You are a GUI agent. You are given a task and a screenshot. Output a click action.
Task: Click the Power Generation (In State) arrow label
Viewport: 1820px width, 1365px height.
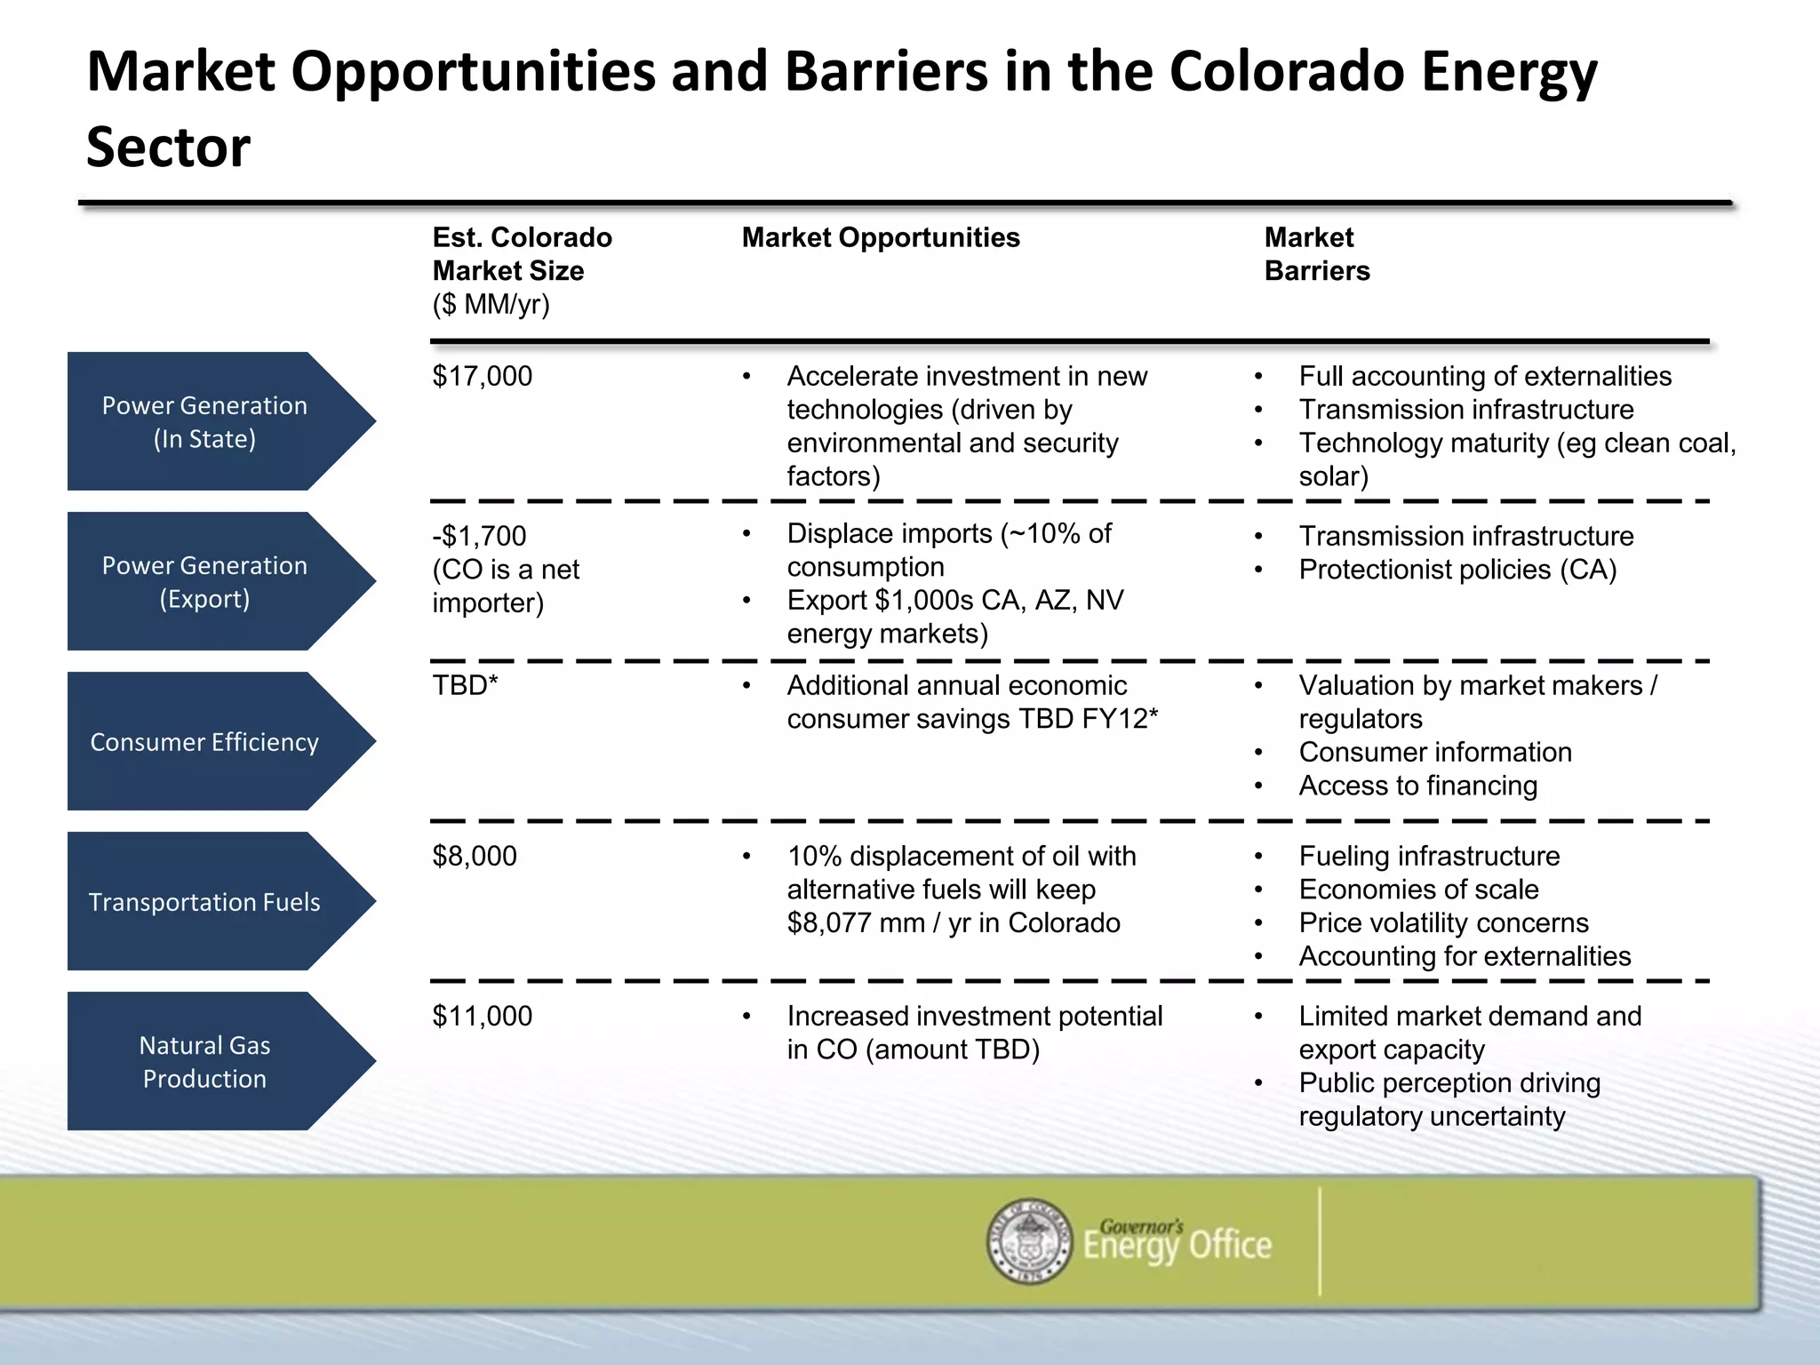[204, 421]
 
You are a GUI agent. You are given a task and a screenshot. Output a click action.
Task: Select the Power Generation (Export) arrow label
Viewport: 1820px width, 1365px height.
[204, 581]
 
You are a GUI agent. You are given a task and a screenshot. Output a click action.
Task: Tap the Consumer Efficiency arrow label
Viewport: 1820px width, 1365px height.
[204, 741]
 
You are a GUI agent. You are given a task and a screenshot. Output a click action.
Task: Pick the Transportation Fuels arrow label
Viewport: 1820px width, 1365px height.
[204, 901]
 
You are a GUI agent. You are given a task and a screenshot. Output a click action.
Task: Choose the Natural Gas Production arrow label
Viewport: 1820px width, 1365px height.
[204, 1061]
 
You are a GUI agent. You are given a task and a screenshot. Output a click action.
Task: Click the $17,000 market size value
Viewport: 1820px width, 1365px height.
[482, 376]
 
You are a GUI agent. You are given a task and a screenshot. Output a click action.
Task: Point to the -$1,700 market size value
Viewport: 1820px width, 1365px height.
[479, 536]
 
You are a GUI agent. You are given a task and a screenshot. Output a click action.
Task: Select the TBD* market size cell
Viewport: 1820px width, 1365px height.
[465, 685]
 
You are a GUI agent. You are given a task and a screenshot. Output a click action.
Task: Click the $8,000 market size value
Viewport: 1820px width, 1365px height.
[475, 856]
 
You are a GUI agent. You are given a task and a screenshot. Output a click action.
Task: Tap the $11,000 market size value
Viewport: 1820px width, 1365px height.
[482, 1016]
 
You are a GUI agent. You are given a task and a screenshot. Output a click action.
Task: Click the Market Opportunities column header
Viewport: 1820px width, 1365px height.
[880, 237]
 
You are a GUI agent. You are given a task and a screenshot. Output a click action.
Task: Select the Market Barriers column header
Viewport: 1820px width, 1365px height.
[1316, 253]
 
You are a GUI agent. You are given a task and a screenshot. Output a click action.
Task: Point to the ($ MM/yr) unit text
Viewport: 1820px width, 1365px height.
[491, 304]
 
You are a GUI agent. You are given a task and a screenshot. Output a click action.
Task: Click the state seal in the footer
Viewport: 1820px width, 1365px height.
[1030, 1241]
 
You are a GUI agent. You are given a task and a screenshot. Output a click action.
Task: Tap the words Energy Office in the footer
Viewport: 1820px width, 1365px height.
[1177, 1246]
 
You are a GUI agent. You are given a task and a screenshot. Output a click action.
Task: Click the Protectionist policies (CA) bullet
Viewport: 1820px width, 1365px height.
[1457, 570]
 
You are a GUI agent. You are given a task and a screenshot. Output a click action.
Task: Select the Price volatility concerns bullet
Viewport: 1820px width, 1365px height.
[1442, 922]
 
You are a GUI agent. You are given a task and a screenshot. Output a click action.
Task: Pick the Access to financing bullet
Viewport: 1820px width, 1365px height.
[1417, 786]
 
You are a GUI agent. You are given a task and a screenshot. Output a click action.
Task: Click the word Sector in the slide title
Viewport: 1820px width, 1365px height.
[168, 147]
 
